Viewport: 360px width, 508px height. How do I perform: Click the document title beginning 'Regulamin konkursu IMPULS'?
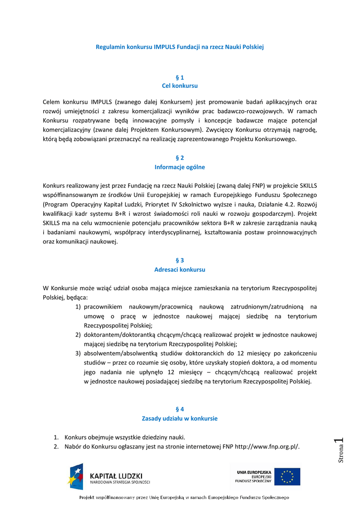pos(179,47)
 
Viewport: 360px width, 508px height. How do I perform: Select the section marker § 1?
pos(180,77)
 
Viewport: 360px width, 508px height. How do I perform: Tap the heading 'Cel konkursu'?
pos(180,86)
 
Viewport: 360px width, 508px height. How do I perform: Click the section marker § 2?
pos(180,158)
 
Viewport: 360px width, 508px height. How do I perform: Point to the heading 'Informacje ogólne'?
pos(180,167)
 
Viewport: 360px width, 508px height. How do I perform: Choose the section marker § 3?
pos(180,260)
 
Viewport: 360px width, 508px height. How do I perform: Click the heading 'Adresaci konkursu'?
pos(180,269)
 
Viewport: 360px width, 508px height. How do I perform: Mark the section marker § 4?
pos(180,409)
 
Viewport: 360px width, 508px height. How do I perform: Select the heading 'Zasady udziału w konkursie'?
pos(180,418)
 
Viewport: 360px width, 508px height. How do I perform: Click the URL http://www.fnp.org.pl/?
pos(267,446)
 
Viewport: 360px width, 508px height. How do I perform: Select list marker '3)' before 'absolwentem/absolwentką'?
pos(78,353)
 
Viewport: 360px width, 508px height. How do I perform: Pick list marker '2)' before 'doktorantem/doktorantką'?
pos(78,335)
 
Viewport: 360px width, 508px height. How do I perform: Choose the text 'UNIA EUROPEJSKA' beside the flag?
pos(254,472)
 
